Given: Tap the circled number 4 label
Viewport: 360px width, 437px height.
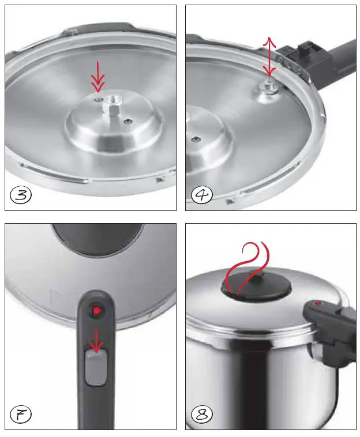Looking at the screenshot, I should coord(202,195).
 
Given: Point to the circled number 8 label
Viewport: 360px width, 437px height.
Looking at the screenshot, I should coord(202,413).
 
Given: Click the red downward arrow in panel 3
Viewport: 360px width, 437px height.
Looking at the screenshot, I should coord(99,76).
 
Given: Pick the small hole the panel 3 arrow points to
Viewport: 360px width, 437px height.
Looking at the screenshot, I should coord(99,99).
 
